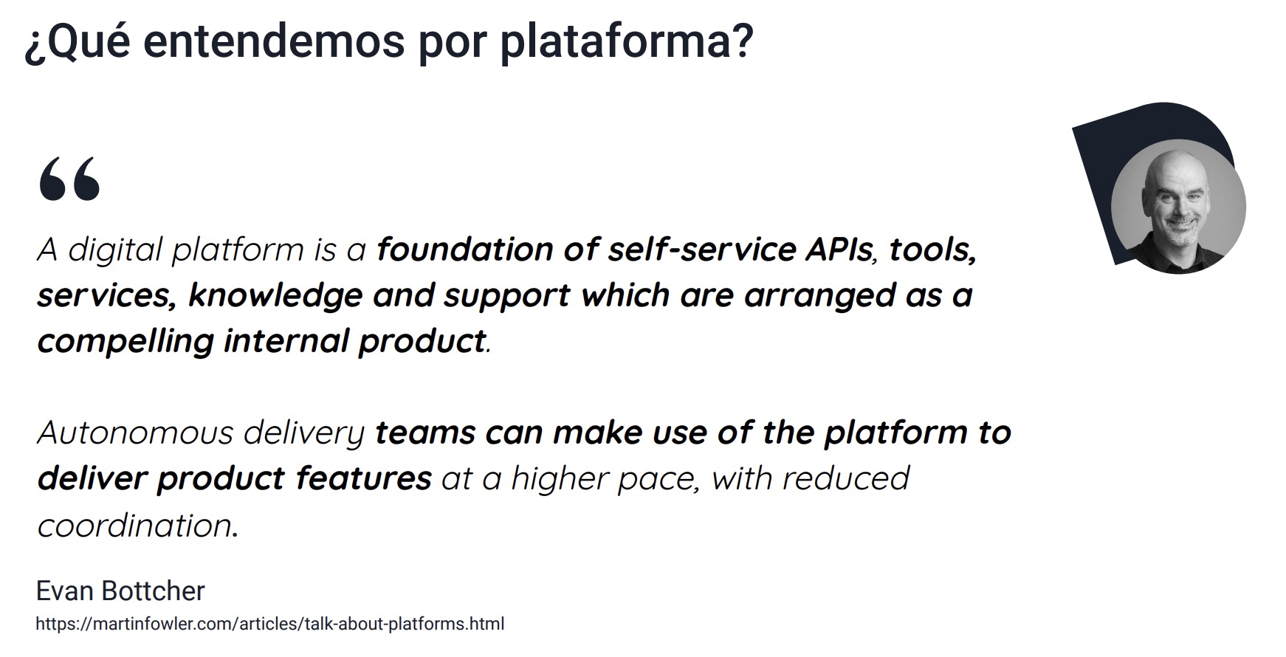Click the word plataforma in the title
(626, 41)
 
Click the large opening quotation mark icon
(69, 179)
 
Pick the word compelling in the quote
(125, 342)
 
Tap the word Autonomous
(134, 433)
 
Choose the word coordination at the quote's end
(137, 526)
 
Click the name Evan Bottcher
(120, 591)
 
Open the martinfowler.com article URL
(270, 624)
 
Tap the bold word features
(363, 478)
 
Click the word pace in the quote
(653, 478)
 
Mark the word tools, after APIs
(932, 250)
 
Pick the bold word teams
(425, 433)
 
